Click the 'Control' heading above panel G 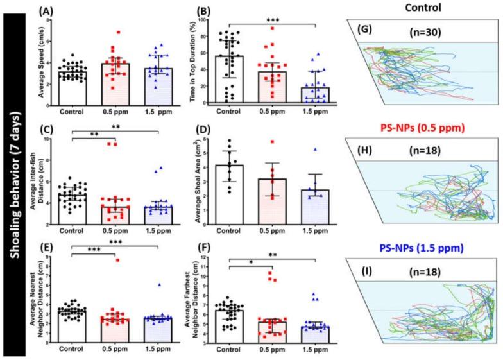(420, 7)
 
